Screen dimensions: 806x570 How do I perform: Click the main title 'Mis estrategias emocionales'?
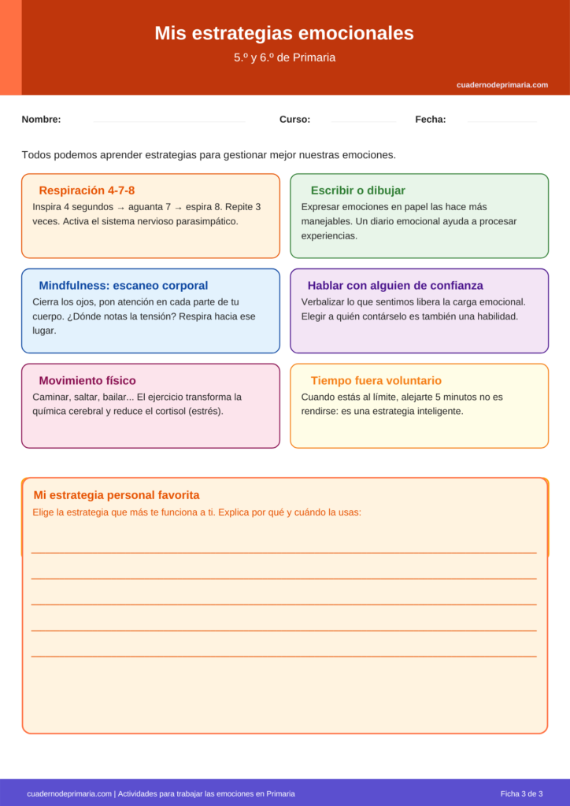(x=284, y=33)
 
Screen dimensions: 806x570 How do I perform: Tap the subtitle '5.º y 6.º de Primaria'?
(x=284, y=57)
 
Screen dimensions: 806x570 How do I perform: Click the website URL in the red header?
(x=502, y=85)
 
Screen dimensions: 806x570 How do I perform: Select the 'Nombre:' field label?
(x=41, y=120)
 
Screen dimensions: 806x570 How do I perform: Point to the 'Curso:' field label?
(x=294, y=120)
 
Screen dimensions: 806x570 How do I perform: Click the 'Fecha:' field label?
(x=430, y=120)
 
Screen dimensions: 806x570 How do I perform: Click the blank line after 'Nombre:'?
(x=169, y=121)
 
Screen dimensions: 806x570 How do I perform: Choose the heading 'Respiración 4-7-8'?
(x=87, y=190)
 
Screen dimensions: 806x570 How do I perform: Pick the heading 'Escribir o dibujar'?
(x=358, y=190)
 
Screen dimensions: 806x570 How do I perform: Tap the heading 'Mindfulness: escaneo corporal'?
(x=124, y=286)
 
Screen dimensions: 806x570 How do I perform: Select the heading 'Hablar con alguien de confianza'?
(x=395, y=286)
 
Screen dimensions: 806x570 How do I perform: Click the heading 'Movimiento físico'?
(x=87, y=381)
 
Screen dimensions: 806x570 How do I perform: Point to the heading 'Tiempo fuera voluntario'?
(x=376, y=381)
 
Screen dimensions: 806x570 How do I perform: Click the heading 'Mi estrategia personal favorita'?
(x=117, y=495)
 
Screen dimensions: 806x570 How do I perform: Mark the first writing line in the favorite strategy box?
(x=283, y=552)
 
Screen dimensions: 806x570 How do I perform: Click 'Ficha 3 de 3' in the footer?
(x=521, y=793)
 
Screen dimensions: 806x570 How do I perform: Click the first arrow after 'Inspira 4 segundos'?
(x=120, y=207)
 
